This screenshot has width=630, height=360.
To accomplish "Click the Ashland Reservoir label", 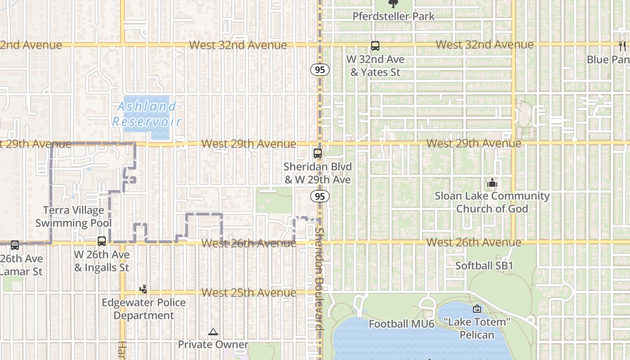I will point(147,114).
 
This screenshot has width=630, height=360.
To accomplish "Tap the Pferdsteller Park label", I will point(394,17).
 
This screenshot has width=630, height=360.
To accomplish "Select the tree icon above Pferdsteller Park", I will point(394,4).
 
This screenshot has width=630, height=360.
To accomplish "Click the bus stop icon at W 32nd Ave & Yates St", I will point(375,46).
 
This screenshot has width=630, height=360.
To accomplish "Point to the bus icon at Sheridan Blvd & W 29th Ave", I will point(318,153).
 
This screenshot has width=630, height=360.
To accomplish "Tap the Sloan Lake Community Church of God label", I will point(492,202).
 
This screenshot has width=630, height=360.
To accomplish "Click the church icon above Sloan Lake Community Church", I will point(492,183).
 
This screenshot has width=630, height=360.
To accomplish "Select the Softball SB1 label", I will point(484,265).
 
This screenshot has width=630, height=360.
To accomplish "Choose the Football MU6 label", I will point(401,324).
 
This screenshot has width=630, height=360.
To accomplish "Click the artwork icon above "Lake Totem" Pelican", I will point(477,309).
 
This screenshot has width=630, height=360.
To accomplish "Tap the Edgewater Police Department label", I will point(144,309).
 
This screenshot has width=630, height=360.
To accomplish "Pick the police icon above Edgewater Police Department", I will point(144,289).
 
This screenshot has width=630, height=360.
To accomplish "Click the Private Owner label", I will point(213,345).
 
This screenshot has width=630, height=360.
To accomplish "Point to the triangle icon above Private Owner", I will point(213,332).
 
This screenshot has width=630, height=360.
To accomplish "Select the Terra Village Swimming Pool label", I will point(74,216).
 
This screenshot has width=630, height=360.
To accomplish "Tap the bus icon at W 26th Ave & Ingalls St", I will point(102,241).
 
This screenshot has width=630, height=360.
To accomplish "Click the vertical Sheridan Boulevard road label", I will point(320,279).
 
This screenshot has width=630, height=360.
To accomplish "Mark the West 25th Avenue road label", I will point(249,292).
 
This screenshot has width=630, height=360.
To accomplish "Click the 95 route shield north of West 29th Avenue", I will point(319,70).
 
